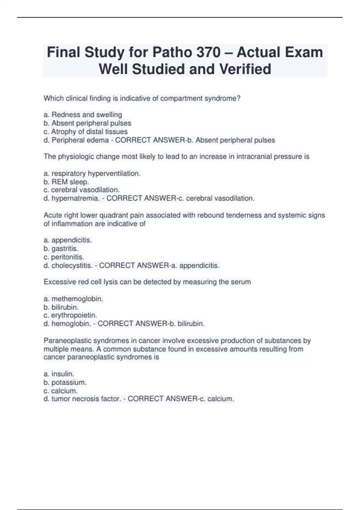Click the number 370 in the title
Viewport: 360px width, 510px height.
click(209, 52)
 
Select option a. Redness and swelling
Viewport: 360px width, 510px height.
click(83, 115)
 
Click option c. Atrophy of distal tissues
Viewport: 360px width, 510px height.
click(85, 132)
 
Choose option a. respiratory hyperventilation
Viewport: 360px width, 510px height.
click(92, 173)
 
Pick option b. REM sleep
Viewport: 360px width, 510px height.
click(66, 182)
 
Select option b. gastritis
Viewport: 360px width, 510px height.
click(61, 248)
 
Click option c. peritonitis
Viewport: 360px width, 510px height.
click(64, 257)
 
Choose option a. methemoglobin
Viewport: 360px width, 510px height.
click(73, 299)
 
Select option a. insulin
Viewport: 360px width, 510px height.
click(59, 374)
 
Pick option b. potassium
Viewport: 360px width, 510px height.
click(65, 382)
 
